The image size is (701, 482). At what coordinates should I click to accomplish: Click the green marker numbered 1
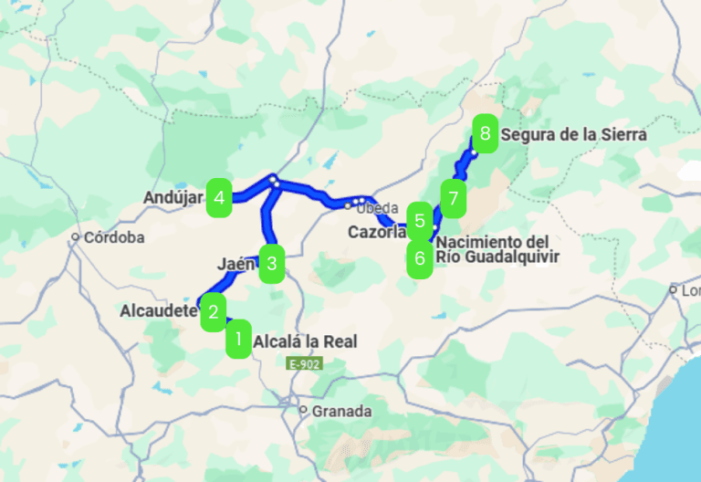(238, 340)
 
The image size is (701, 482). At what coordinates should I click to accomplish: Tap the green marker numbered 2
(213, 311)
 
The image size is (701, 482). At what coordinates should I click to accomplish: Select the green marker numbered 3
(271, 265)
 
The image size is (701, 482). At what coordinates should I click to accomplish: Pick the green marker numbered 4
(219, 197)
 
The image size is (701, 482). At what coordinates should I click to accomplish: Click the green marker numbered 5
(419, 220)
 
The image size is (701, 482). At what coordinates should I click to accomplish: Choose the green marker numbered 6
(419, 257)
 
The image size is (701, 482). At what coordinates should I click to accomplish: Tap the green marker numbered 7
(453, 196)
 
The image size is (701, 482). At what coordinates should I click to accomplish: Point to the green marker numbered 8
(485, 136)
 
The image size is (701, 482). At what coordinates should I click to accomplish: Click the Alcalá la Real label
(305, 342)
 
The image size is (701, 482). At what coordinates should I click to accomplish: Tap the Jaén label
(235, 264)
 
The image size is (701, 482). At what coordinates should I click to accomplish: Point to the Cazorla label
(376, 233)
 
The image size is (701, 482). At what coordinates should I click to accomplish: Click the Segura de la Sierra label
(573, 135)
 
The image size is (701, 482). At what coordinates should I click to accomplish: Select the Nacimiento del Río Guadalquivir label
(497, 249)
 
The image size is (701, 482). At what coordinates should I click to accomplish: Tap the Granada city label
(341, 412)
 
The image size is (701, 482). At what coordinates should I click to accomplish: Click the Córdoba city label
(114, 237)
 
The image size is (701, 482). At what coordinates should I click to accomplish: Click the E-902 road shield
(304, 363)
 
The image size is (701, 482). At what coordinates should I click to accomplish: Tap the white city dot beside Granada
(304, 411)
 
